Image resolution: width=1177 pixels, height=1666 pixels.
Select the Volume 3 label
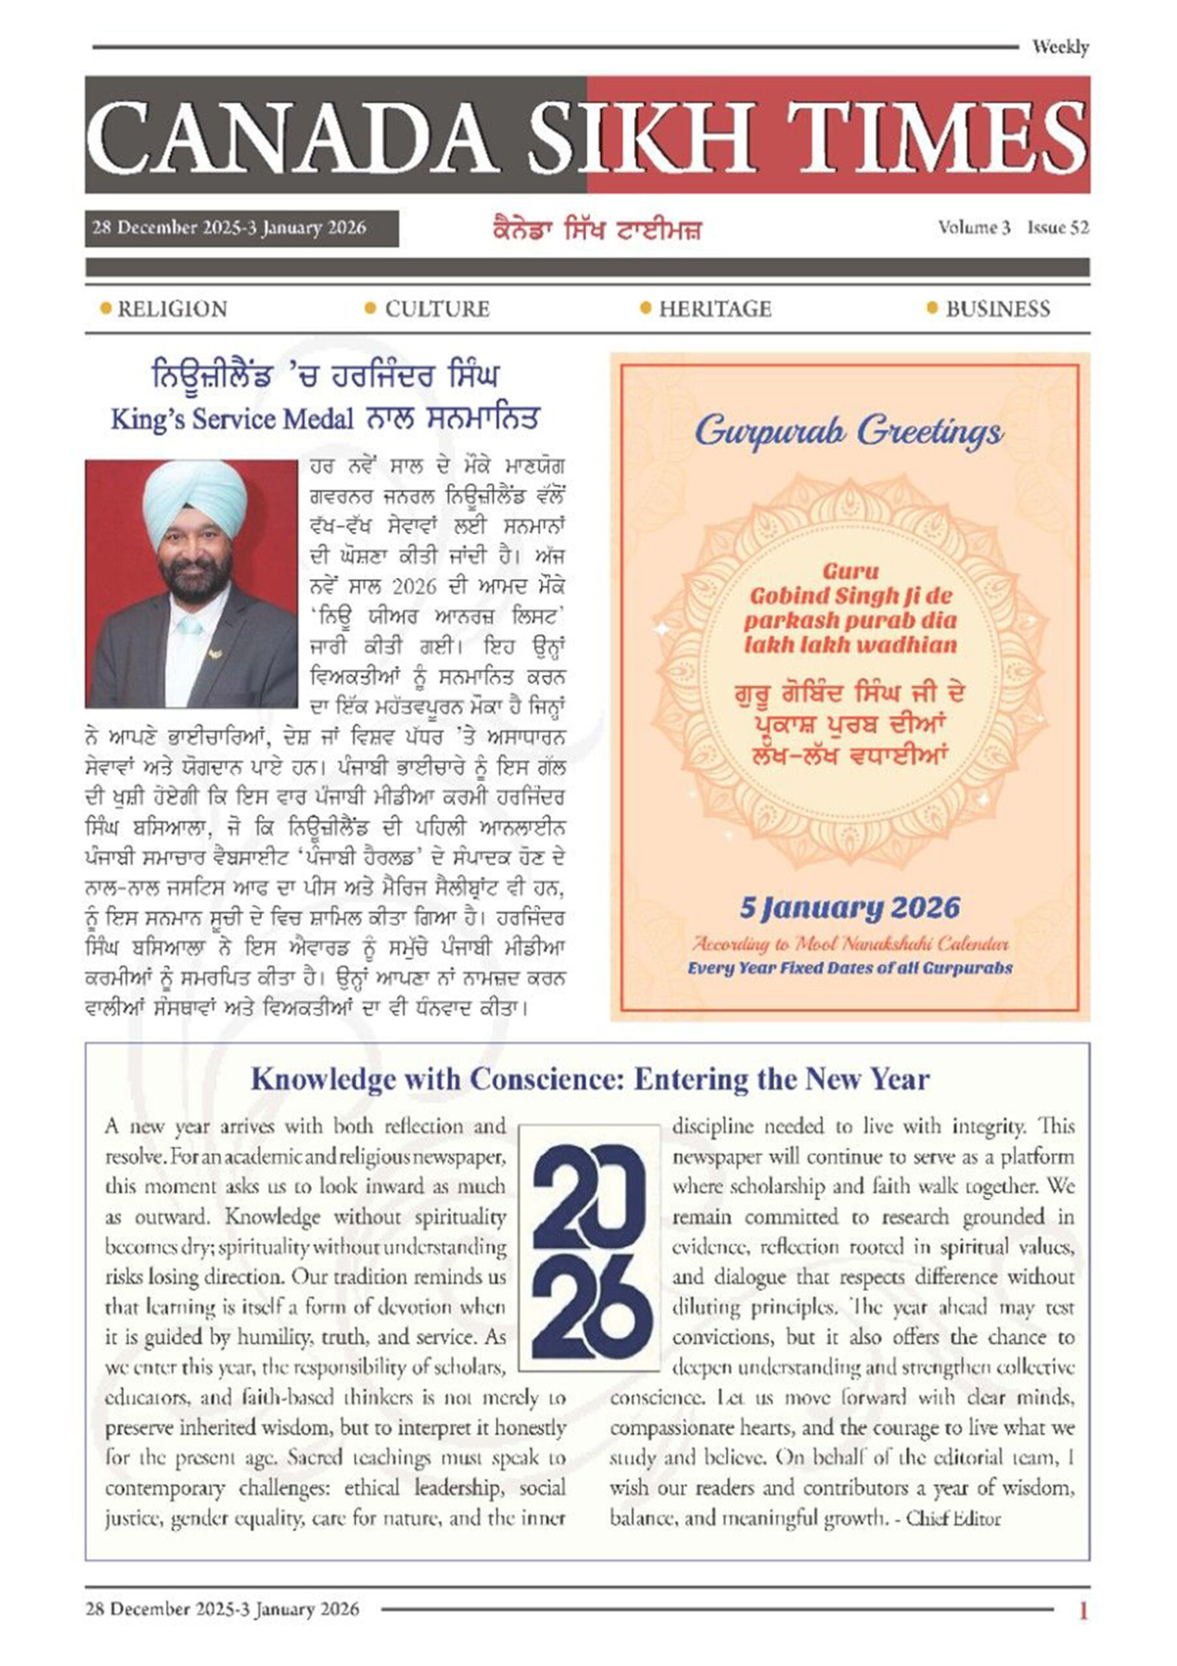[x=974, y=228]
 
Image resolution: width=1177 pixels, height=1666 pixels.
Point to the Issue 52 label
[x=1057, y=228]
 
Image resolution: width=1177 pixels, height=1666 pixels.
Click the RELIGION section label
[x=172, y=309]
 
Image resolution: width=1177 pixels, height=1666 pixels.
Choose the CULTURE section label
[x=437, y=309]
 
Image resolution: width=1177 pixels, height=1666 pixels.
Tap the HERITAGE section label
[x=715, y=309]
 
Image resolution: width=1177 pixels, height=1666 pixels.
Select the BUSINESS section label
[x=997, y=309]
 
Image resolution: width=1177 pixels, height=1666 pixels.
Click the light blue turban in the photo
[x=194, y=500]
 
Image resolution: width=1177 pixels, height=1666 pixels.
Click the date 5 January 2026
[x=849, y=908]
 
